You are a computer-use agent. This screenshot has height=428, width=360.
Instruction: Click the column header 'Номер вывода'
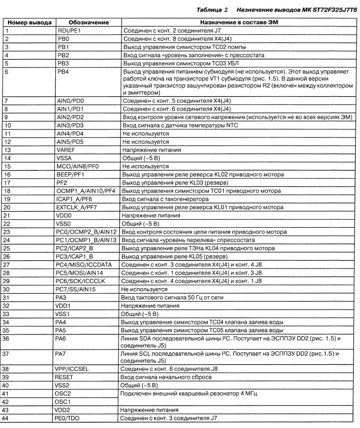coord(30,22)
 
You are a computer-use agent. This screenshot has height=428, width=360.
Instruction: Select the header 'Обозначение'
coord(88,22)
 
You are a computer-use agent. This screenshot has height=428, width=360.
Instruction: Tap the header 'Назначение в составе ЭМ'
coord(238,22)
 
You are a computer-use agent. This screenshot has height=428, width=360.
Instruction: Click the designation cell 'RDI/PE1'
coord(69,31)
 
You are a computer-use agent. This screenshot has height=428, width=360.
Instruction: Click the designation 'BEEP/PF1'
coord(71,174)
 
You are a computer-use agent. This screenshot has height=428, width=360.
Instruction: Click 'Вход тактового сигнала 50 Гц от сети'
coord(171,298)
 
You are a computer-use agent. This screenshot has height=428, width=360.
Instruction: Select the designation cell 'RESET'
coord(65,377)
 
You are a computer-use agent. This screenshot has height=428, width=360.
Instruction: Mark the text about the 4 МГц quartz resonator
coord(188,393)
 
